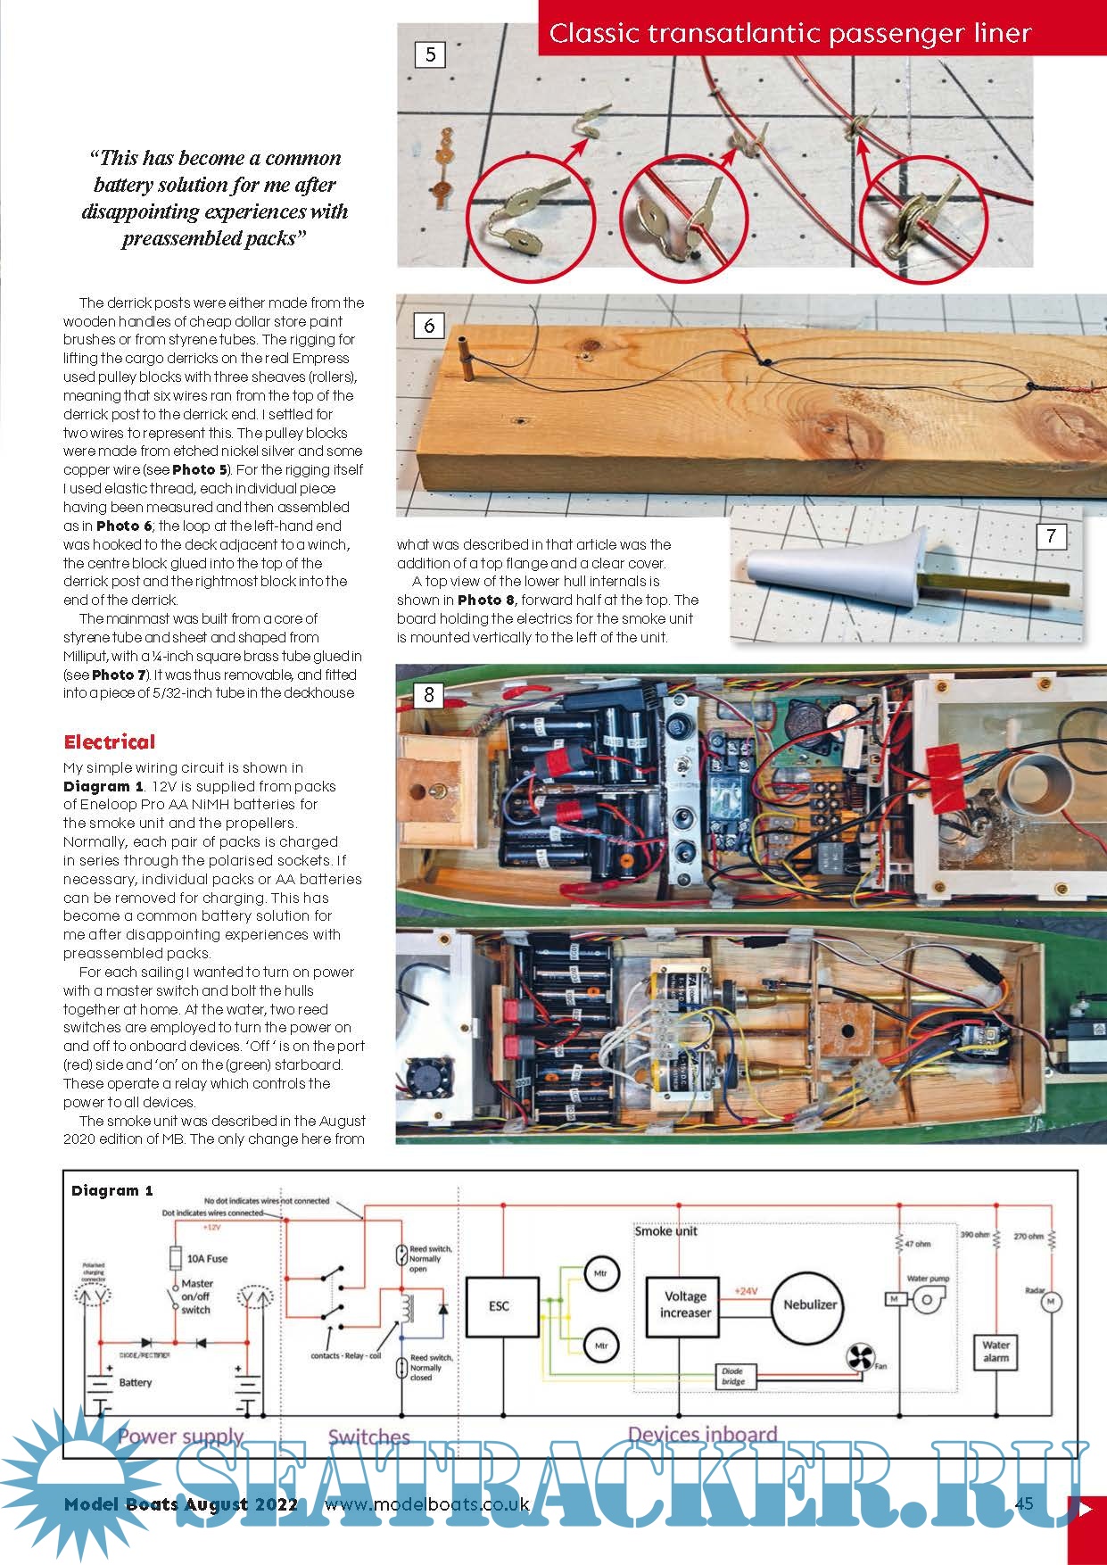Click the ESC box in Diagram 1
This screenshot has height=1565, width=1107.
click(x=500, y=1306)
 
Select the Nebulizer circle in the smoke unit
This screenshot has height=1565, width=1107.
click(x=810, y=1304)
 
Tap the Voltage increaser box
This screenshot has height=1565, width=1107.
click(x=685, y=1304)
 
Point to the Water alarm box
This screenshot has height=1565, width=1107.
click(x=995, y=1351)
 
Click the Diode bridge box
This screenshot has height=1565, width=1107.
click(x=733, y=1377)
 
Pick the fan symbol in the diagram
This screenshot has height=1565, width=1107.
click(x=860, y=1359)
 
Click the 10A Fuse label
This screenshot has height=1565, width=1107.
click(x=206, y=1259)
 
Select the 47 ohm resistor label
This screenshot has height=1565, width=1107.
click(x=918, y=1244)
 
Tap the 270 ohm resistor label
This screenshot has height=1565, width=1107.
click(x=1029, y=1237)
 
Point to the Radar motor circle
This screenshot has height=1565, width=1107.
click(x=1050, y=1303)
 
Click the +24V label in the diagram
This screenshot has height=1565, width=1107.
click(x=746, y=1291)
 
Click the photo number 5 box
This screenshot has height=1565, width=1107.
click(x=430, y=55)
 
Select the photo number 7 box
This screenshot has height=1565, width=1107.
click(x=1052, y=536)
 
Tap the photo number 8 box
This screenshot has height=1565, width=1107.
click(x=429, y=694)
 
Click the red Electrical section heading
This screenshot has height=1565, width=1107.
click(x=109, y=742)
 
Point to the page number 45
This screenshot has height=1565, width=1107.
click(x=1023, y=1503)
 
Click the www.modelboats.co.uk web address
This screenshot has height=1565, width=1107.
click(x=426, y=1504)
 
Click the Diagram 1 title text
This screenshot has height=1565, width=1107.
click(x=112, y=1190)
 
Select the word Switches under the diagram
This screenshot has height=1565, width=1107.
click(x=368, y=1437)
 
